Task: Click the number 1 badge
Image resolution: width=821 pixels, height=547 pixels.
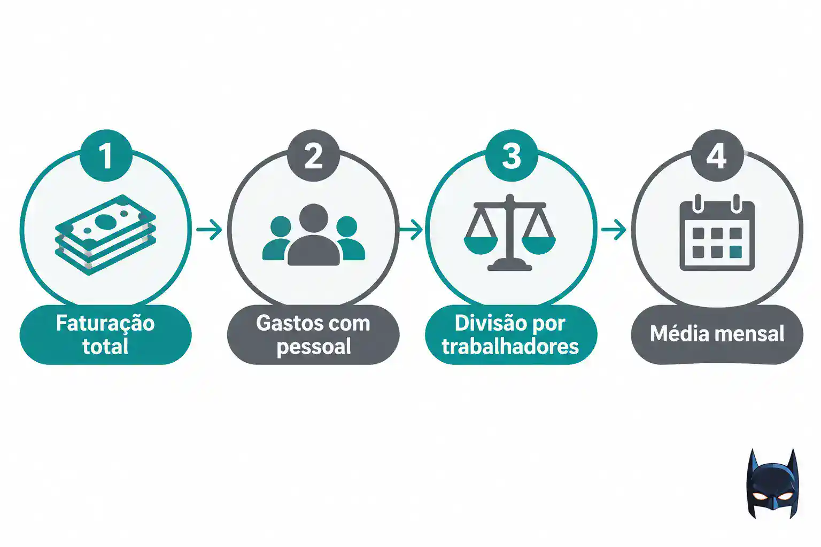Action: point(106,155)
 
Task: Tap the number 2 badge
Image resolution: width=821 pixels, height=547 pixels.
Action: point(313,155)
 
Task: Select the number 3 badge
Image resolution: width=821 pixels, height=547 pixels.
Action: point(512,155)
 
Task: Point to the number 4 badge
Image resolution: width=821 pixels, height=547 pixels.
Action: point(717,155)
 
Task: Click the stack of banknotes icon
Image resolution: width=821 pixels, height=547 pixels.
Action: point(105,235)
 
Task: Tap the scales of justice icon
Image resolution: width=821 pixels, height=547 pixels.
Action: point(509,233)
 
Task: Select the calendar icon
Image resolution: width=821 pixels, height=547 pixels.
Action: point(717,233)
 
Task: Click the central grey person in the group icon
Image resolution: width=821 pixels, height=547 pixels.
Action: point(314,235)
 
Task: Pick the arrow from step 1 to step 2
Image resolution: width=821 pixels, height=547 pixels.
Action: point(210,230)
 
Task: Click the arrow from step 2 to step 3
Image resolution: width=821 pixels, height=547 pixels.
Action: point(411,230)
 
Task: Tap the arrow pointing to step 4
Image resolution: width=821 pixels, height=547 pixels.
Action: point(614,230)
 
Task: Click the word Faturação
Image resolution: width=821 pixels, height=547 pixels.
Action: point(105,323)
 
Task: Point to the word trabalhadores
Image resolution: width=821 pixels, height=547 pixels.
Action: point(510,346)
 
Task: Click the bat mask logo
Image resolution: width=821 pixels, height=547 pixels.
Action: point(772,483)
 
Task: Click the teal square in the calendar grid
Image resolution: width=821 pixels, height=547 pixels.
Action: point(735,252)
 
